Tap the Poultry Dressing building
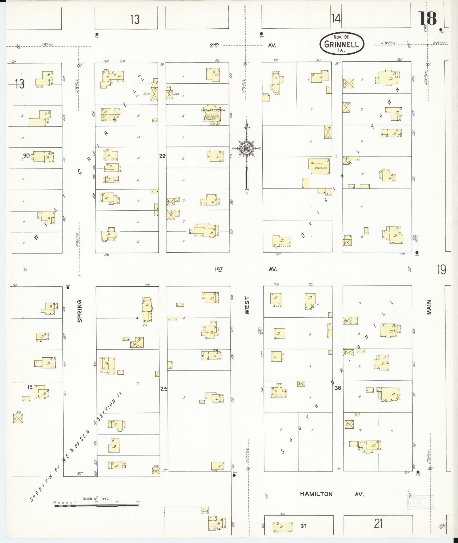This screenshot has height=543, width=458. pos(319,166)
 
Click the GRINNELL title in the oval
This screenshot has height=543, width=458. pos(341,44)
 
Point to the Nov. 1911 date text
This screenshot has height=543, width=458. pos(342,37)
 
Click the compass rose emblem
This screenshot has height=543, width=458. pos(246,148)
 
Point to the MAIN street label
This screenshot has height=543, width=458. pos(428,307)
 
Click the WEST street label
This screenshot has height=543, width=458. pos(247,305)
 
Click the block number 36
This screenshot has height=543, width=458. pos(337,388)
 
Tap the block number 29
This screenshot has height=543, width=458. pos(162,156)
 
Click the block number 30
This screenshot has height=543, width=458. pos(26,156)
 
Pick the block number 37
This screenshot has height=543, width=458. pos(304,526)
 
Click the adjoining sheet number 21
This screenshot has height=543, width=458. pos(378,523)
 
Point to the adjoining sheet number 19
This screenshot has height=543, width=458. pos(441,269)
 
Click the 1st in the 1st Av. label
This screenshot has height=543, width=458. pos(219,269)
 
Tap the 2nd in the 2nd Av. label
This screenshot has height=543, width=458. pos(214,45)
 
